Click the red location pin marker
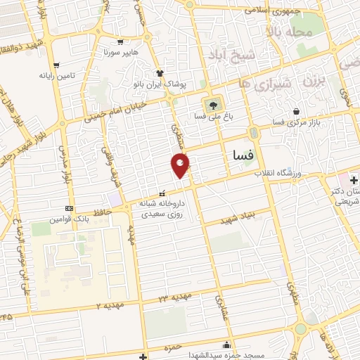point(181,165)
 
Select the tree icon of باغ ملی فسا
point(210,105)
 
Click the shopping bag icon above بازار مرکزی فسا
point(296,111)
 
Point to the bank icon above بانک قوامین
point(69,208)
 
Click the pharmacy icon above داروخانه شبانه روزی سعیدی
point(162,193)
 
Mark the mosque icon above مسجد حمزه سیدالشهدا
point(226,345)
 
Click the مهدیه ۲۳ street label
point(172,298)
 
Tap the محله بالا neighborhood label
point(286,32)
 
